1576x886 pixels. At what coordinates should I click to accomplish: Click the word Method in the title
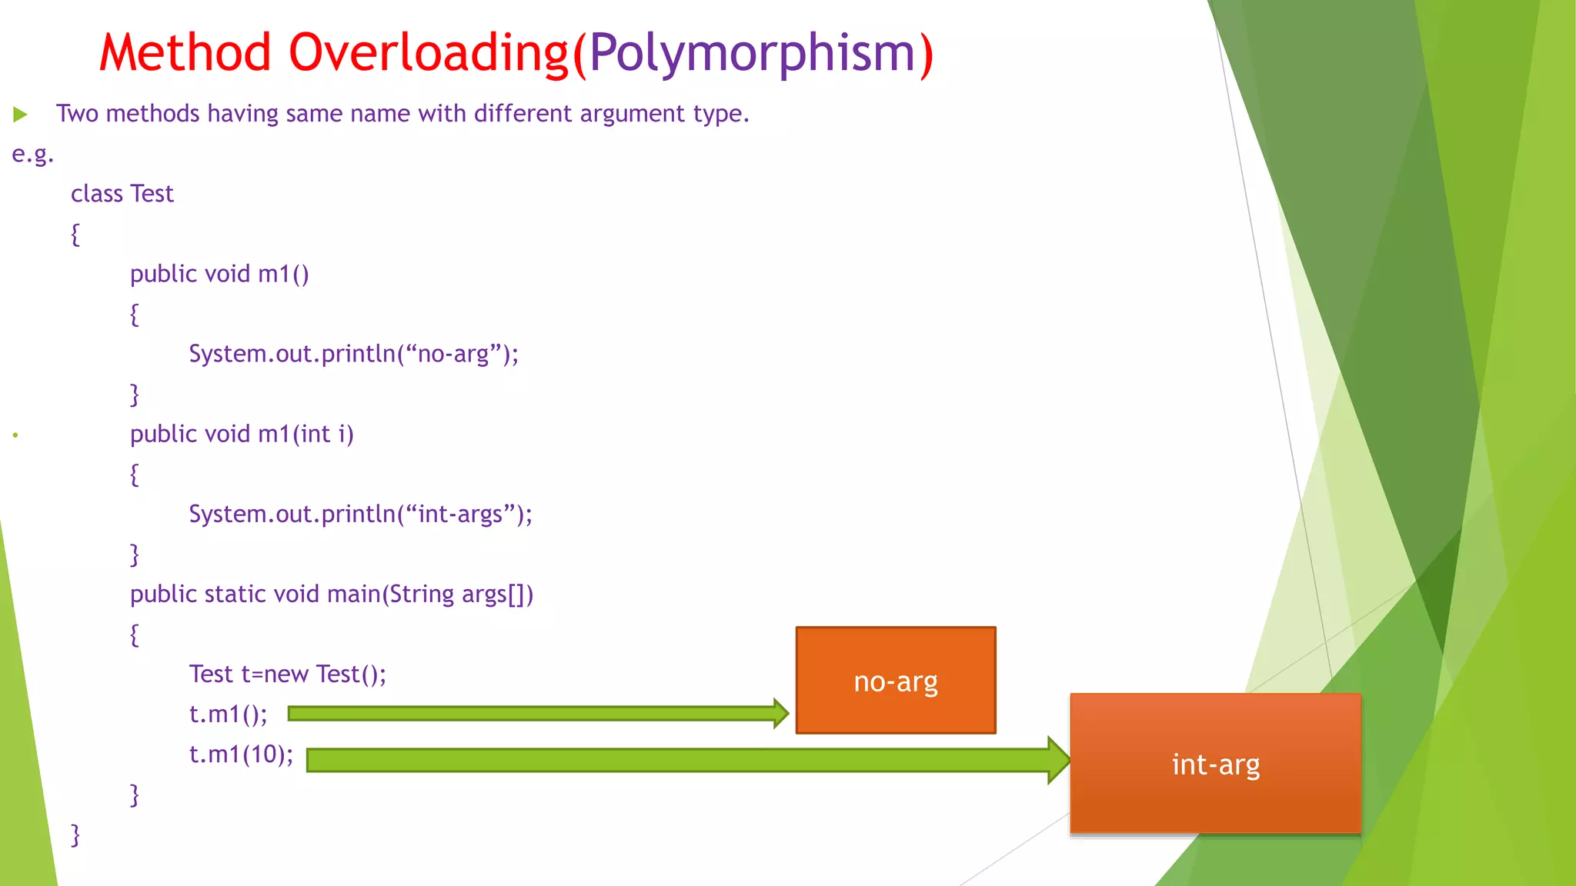tap(185, 53)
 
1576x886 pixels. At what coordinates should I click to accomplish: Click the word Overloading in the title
tap(428, 53)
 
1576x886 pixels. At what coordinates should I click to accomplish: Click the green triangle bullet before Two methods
tap(21, 115)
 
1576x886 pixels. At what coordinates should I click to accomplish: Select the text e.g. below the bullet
tap(32, 154)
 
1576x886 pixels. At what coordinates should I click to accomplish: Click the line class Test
tap(122, 194)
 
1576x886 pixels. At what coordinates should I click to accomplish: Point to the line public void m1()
tap(219, 274)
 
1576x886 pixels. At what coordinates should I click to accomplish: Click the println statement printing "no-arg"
tap(353, 354)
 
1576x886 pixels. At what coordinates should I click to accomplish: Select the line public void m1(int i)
tap(242, 434)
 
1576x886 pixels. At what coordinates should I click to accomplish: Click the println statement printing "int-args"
tap(360, 514)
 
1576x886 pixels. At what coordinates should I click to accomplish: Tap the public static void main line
tap(331, 594)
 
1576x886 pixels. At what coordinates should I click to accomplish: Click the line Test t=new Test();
tap(287, 674)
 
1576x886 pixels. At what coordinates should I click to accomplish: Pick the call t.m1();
tap(228, 714)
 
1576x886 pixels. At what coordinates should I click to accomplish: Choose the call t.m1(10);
tap(241, 754)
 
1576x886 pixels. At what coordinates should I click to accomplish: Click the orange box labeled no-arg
tap(895, 681)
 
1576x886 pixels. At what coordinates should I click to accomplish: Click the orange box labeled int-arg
tap(1215, 764)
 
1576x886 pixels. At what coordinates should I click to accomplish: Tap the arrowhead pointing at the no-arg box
tap(780, 714)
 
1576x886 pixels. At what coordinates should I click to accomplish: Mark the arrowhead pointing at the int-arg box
tap(1059, 760)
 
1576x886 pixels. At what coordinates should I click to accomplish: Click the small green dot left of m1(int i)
tap(15, 435)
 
